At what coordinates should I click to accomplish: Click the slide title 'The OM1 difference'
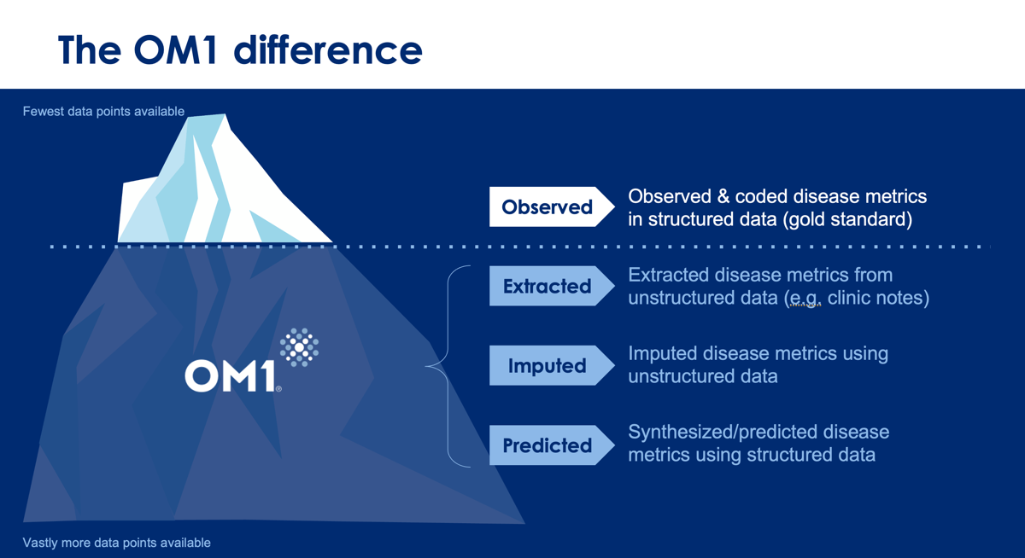coord(240,49)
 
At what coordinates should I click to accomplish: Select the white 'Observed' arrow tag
coord(552,206)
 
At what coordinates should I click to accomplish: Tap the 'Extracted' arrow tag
coord(552,286)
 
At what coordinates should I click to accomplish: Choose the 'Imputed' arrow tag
coord(552,366)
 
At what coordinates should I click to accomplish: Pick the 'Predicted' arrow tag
coord(552,445)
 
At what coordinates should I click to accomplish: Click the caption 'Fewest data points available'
coord(103,112)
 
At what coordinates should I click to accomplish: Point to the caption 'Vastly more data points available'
coord(117,543)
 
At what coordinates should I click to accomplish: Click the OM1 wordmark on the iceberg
coord(230,375)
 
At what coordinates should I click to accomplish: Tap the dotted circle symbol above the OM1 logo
coord(299,347)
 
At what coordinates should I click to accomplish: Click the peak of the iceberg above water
coord(224,114)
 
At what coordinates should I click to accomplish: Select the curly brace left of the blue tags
coord(448,366)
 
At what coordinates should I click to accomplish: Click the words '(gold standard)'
coord(847,219)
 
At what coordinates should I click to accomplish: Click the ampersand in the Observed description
coord(723,196)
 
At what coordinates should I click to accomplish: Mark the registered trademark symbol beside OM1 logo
coord(278,389)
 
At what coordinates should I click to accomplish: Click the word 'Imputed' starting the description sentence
coord(662,354)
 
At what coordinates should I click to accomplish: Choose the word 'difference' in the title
coord(328,49)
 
